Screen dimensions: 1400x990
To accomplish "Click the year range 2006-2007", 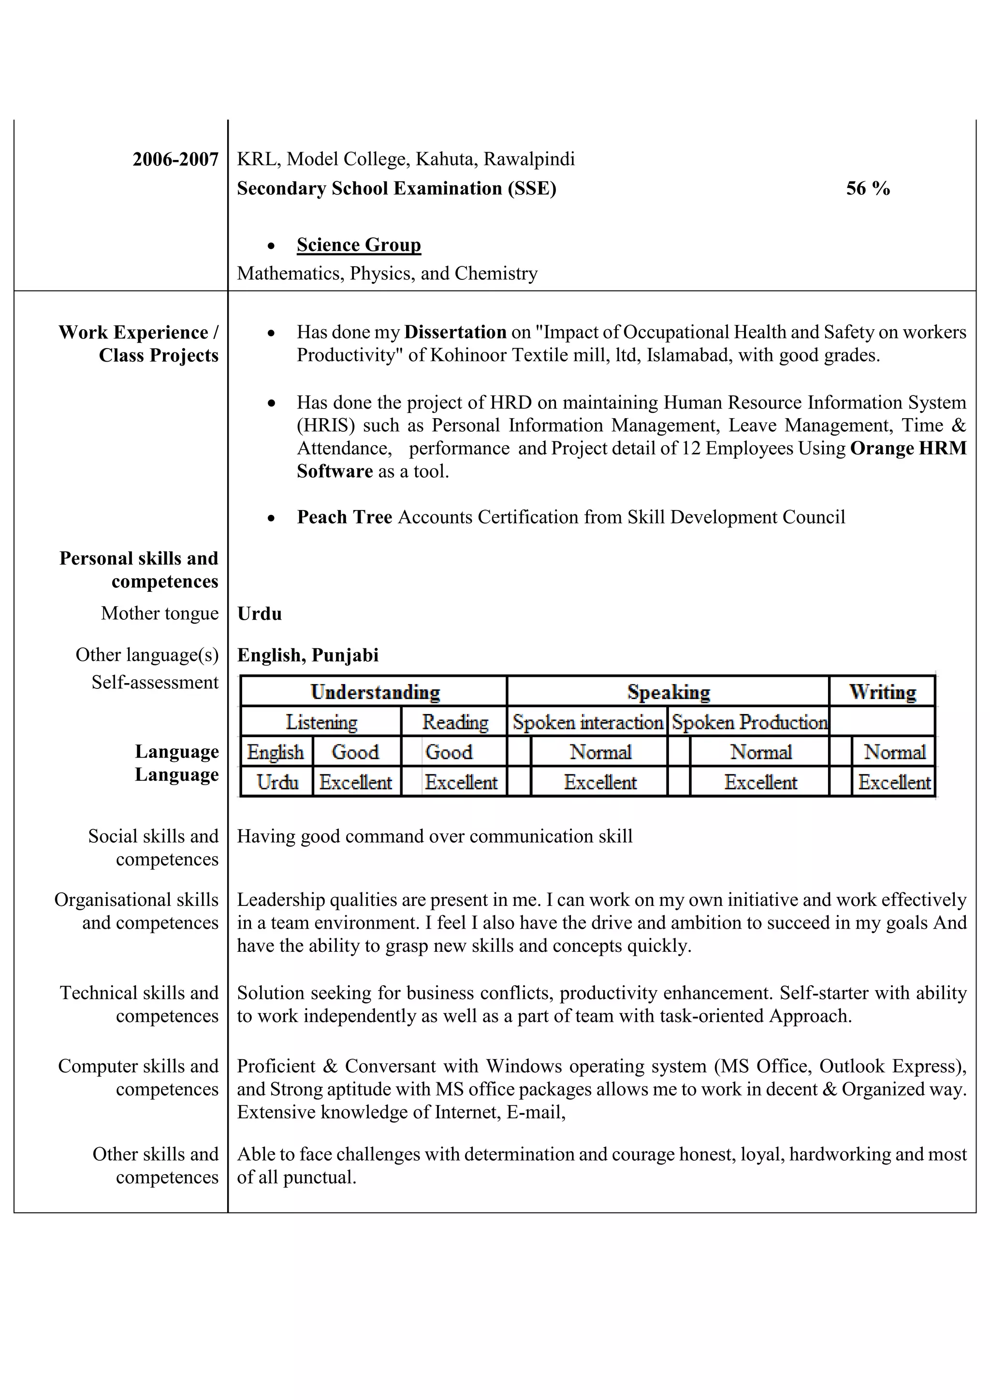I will point(175,159).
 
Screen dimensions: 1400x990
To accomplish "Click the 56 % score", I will point(868,189).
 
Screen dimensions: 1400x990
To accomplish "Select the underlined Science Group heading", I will point(359,245).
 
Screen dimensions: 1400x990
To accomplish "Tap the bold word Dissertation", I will point(455,332).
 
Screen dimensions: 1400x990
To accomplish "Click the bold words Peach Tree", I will point(345,517).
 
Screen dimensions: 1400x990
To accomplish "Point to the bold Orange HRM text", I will point(908,448).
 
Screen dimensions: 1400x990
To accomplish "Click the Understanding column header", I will point(375,692).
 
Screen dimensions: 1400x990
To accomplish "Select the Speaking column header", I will point(668,692).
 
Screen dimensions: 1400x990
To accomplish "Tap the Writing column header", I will point(882,692).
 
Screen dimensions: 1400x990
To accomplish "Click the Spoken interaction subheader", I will point(588,723).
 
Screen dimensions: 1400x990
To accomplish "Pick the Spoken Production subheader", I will point(749,723).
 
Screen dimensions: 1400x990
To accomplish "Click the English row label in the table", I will point(276,752).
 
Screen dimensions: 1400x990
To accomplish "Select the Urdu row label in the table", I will point(277,782).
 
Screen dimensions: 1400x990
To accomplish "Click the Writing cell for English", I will point(894,752).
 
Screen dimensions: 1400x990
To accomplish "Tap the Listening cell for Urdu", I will point(356,782).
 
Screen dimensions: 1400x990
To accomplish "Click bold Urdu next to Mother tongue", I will point(260,613).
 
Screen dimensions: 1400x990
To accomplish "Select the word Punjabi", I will point(345,655).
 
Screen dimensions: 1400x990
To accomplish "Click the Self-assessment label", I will point(155,682).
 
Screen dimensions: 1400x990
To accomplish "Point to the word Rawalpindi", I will point(529,159).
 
